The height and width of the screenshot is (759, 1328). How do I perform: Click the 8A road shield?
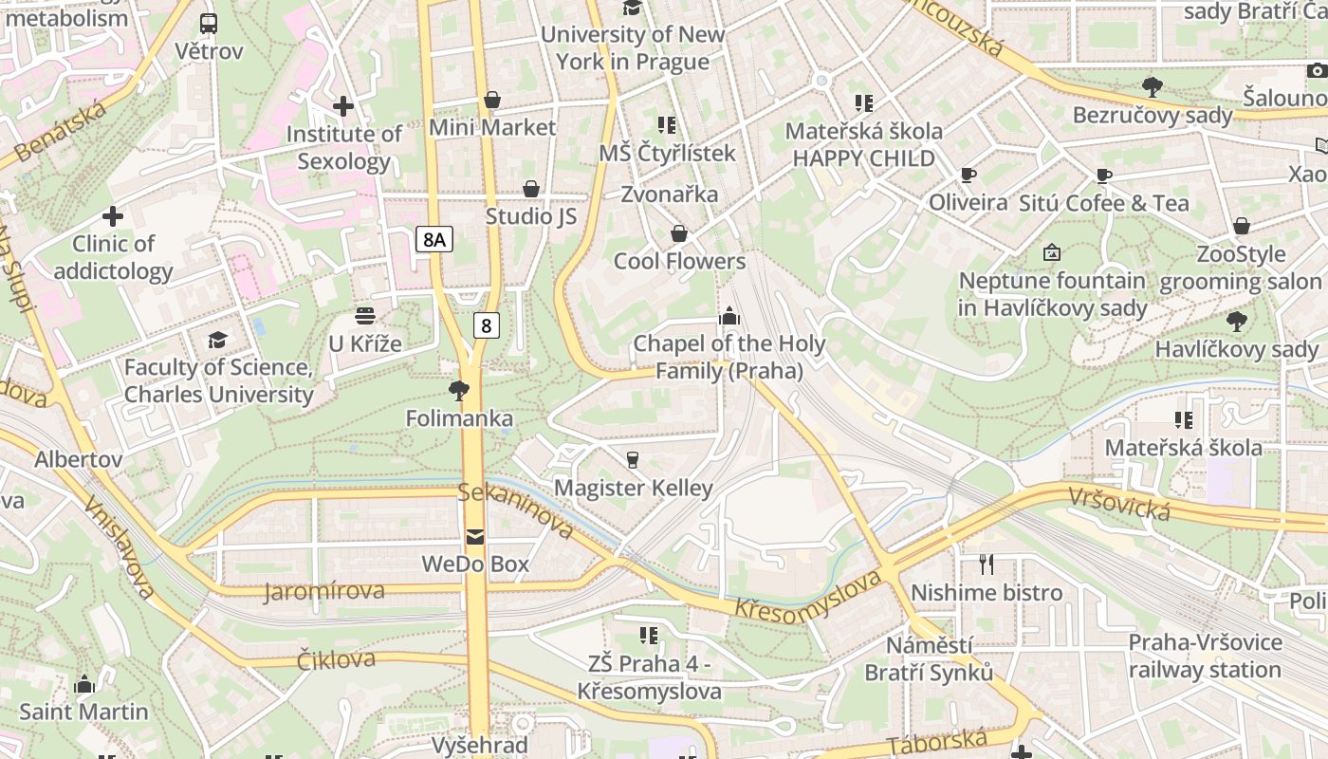point(433,239)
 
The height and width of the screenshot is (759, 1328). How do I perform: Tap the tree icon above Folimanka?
point(459,391)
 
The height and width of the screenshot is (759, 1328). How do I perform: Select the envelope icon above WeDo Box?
point(475,537)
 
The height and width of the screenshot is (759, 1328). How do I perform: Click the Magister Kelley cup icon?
point(633,460)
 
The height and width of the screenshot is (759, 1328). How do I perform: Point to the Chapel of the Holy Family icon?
point(729,316)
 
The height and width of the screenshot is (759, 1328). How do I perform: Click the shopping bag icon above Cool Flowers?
point(679,233)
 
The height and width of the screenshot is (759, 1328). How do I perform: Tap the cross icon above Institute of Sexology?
point(343,106)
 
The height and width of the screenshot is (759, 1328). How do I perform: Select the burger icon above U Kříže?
point(365,316)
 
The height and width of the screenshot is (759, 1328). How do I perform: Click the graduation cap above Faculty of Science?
point(218,340)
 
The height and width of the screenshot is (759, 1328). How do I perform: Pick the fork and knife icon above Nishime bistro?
point(987,565)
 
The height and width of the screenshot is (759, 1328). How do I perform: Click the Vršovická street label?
point(1119,504)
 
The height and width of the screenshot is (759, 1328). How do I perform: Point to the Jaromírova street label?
point(324,592)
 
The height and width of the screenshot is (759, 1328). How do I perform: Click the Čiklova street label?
point(336,659)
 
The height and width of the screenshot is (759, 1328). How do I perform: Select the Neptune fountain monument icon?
point(1051,252)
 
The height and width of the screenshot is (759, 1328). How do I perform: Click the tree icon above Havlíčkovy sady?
point(1236,322)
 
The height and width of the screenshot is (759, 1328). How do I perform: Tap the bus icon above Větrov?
point(209,24)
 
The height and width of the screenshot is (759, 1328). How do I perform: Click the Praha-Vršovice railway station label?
point(1205,656)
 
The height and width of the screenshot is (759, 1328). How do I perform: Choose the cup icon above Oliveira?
point(968,176)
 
